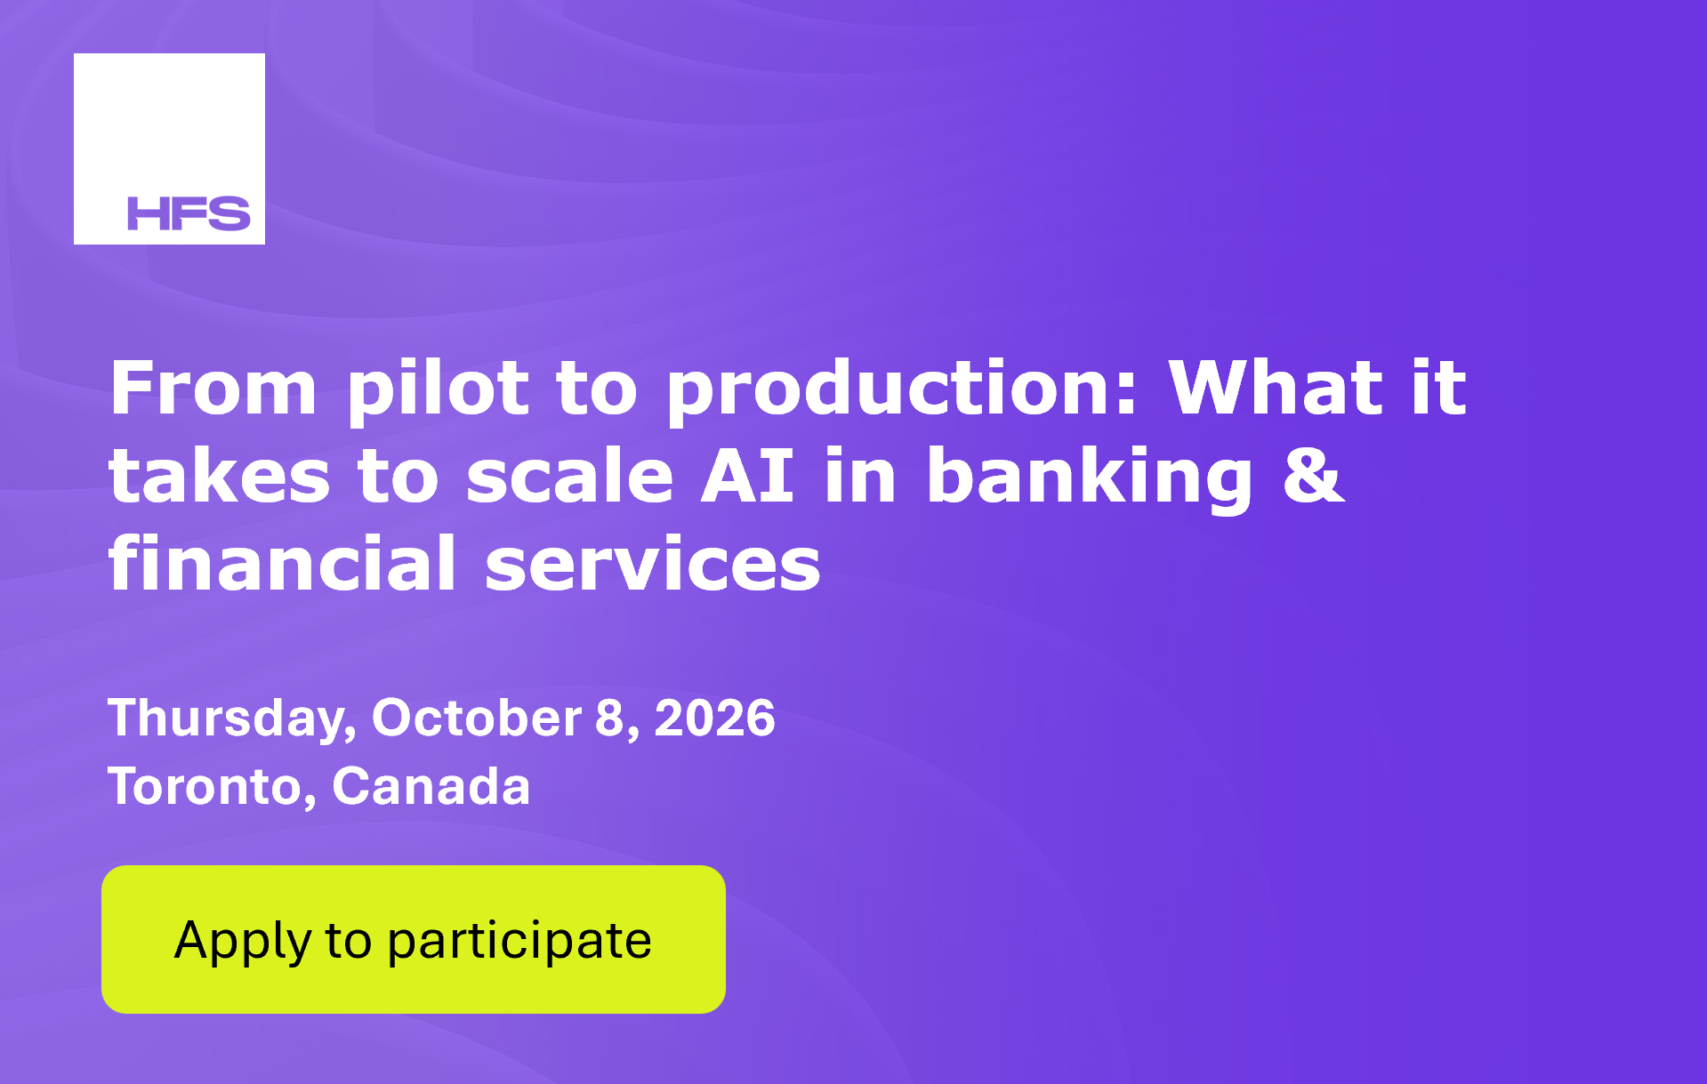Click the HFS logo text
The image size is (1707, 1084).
coord(189,213)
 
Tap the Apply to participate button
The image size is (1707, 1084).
coord(414,939)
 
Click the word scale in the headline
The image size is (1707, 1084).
coord(570,476)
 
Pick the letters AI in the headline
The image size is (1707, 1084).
coord(747,476)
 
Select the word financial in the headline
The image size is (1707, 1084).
coord(283,563)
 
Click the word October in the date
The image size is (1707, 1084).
coord(477,717)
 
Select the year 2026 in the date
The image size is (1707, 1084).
coord(715,717)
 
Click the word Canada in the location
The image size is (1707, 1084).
coord(431,786)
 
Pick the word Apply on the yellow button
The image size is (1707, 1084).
coord(243,942)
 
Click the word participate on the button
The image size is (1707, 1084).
coord(519,942)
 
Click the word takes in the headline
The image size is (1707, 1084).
coord(220,476)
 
